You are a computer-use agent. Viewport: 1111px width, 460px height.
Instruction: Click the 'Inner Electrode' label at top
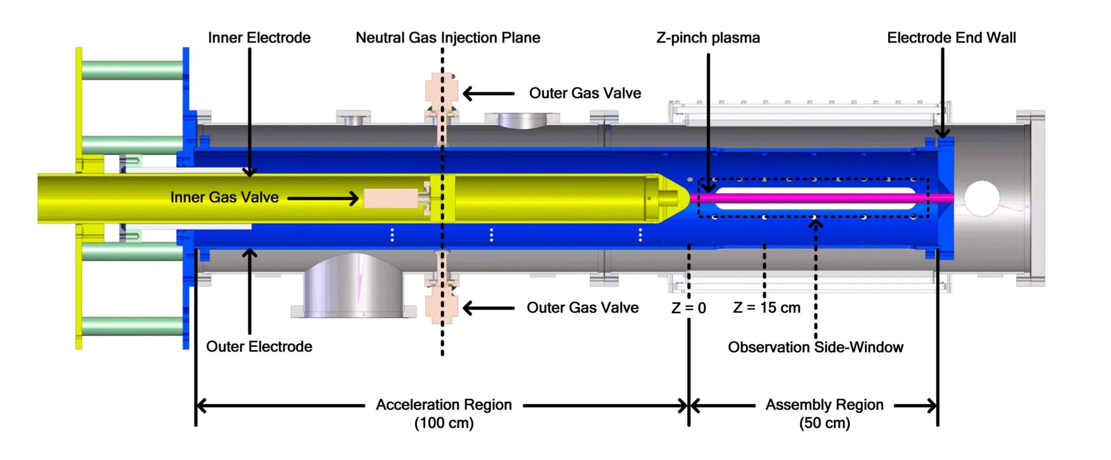coord(259,38)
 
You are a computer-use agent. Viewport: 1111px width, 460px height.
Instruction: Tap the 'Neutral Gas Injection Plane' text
coord(448,38)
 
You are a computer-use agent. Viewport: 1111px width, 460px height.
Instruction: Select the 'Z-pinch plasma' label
coord(708,38)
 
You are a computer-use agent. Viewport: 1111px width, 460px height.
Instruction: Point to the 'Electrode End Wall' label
coord(951,38)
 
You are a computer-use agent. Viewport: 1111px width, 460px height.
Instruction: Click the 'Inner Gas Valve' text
coord(224,197)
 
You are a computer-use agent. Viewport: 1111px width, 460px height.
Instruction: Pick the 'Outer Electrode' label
coord(259,347)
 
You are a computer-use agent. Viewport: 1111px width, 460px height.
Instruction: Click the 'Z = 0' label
coord(688,308)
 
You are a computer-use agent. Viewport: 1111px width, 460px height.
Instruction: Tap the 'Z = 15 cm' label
coord(767,308)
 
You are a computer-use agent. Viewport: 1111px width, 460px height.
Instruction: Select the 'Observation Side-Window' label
coord(815,347)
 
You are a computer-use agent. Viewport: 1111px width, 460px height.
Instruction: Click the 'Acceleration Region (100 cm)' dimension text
coord(444,413)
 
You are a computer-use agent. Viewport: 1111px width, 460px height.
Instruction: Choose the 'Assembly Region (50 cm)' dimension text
coord(824,413)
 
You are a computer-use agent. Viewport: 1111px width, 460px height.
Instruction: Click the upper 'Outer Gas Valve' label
coord(585,93)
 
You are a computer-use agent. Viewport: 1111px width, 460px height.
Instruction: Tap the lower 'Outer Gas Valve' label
coord(582,308)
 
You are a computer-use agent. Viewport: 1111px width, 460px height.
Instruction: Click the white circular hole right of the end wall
coord(982,198)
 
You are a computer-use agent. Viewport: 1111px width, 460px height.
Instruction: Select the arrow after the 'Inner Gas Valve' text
coord(323,198)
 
